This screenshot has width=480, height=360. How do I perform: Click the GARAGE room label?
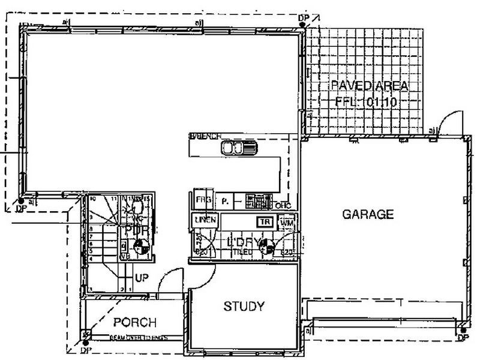click(368, 214)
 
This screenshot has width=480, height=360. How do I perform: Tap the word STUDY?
click(244, 307)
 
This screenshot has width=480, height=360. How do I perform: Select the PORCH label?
click(135, 322)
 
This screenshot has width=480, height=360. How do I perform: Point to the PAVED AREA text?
click(370, 86)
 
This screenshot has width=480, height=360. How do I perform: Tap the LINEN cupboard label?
click(205, 220)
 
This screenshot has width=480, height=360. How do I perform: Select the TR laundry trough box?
click(265, 221)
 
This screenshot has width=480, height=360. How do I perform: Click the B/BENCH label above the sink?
click(206, 136)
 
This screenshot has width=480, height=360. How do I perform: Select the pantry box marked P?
click(225, 201)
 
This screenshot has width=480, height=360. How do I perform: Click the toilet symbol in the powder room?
click(136, 206)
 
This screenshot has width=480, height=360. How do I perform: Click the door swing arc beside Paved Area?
click(447, 122)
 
